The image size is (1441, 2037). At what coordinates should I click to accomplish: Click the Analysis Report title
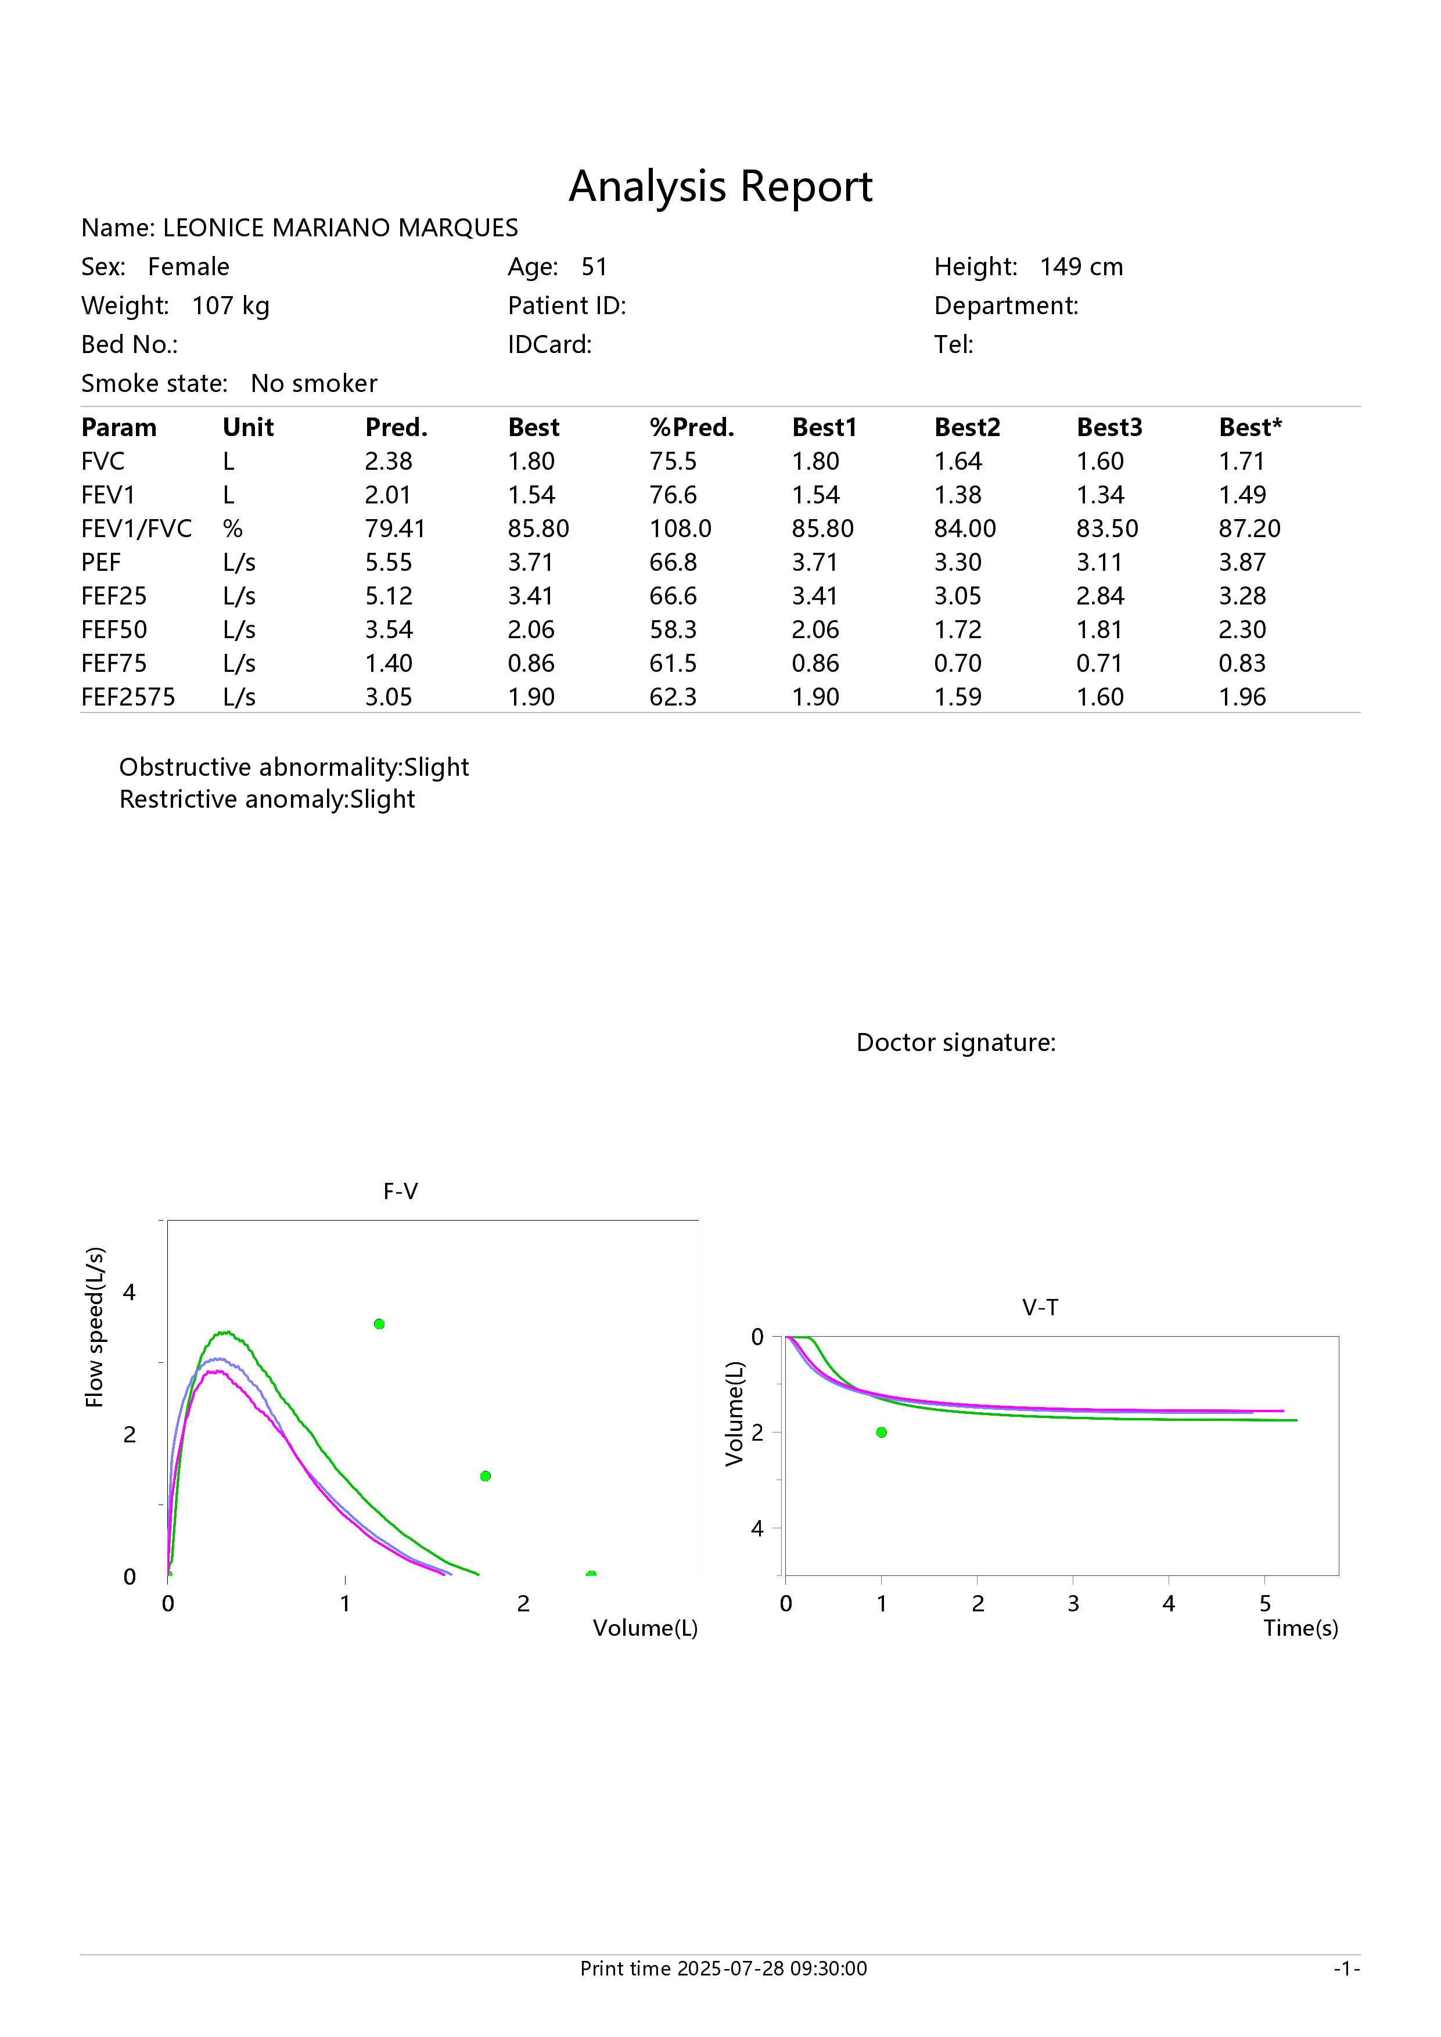pos(720,187)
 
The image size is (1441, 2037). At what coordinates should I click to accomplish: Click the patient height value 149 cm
pos(1081,267)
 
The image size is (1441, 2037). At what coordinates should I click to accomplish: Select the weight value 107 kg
pos(231,306)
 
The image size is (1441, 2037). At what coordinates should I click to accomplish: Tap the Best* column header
pos(1250,427)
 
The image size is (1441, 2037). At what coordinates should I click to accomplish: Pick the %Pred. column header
pos(692,427)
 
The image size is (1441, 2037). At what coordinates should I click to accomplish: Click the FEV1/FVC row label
pos(136,529)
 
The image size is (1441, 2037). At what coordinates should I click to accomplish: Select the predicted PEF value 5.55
pos(389,563)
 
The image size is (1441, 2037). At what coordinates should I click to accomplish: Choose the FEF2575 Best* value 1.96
pos(1242,697)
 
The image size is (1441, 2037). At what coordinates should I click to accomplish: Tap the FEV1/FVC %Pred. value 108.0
pos(681,529)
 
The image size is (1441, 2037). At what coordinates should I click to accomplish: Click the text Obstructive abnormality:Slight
pos(294,768)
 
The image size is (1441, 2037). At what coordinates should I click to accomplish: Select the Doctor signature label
pos(955,1042)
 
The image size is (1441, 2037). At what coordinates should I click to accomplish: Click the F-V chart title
pos(400,1192)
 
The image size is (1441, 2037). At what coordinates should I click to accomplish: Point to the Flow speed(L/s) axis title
pos(95,1327)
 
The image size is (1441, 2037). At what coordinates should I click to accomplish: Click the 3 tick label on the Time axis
pos(1073,1604)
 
